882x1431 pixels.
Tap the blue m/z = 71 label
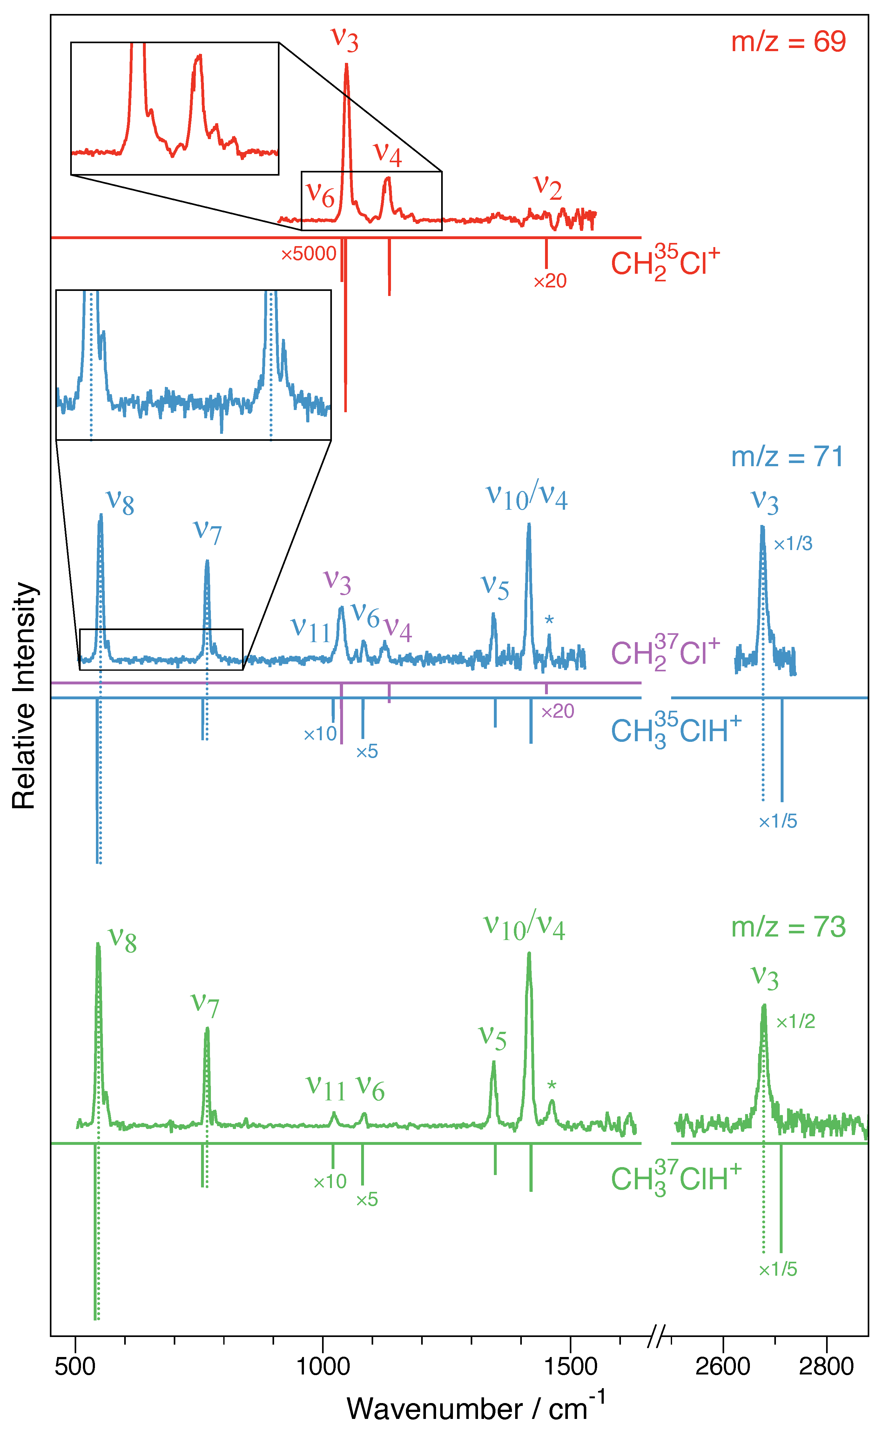point(787,457)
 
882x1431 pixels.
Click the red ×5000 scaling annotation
point(309,254)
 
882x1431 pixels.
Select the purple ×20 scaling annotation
point(558,711)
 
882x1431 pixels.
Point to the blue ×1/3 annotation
point(793,544)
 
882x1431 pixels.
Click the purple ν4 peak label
point(398,630)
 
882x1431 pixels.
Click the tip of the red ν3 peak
point(347,64)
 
